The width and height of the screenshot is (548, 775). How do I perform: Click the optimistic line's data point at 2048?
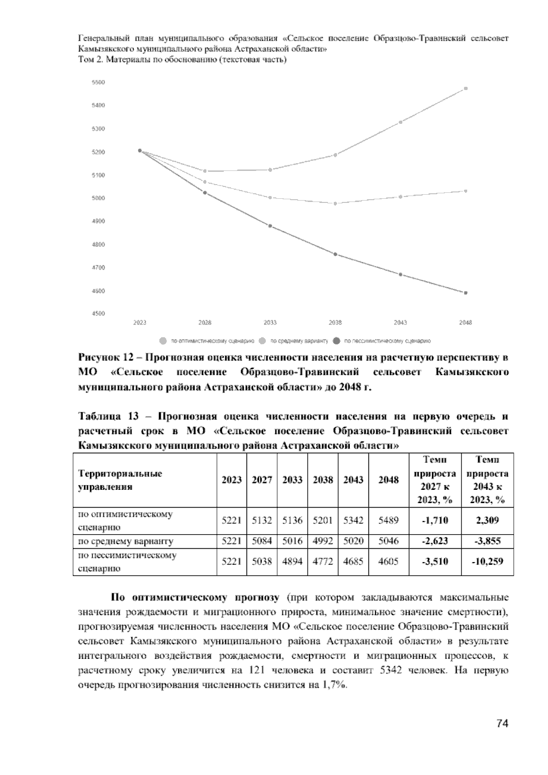[465, 88]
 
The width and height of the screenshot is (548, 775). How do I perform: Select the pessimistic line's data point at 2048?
[465, 292]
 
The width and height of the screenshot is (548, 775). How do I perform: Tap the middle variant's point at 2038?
[335, 203]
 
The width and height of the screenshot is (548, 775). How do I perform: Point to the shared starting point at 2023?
[140, 151]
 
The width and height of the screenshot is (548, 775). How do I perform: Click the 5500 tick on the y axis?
[99, 82]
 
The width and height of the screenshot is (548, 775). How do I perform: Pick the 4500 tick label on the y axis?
[99, 313]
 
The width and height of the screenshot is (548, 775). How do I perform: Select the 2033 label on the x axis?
[270, 323]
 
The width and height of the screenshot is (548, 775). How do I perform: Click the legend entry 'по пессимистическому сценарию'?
[386, 341]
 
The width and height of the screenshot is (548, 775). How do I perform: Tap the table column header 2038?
[323, 480]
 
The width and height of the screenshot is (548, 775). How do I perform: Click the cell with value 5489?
[389, 520]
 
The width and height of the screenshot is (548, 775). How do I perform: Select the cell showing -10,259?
[487, 562]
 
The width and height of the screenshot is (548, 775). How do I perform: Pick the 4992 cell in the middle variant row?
[323, 541]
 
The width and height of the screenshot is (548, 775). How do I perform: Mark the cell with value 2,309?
[487, 520]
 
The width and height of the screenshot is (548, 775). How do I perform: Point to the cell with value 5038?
[262, 562]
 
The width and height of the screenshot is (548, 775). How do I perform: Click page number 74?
[502, 723]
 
